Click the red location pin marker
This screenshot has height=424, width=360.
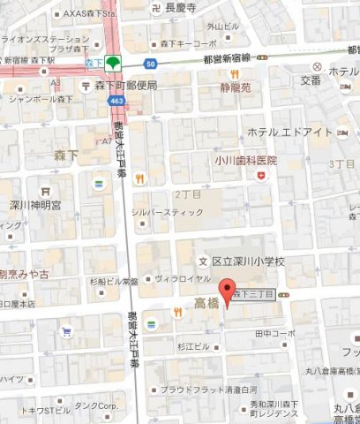click(228, 292)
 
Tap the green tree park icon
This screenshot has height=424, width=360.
click(113, 64)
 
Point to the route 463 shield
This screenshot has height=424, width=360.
click(117, 102)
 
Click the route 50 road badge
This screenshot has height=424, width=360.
click(151, 64)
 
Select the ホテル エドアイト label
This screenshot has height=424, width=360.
click(289, 132)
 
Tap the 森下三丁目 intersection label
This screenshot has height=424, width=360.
click(253, 296)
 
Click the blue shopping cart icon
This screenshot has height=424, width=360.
click(67, 333)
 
